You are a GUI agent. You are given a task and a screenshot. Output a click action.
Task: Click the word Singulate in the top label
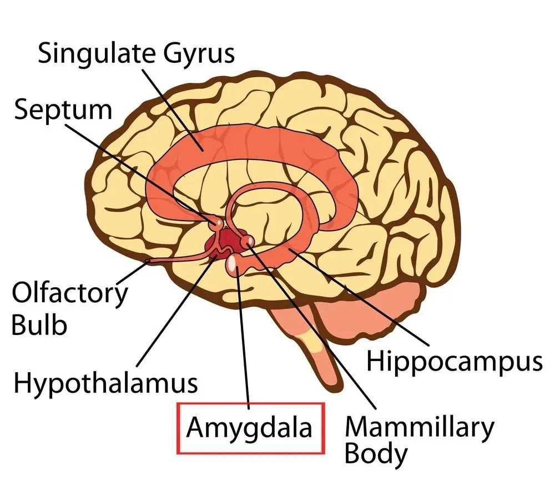(x=96, y=54)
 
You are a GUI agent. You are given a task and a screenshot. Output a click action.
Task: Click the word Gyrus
(x=199, y=54)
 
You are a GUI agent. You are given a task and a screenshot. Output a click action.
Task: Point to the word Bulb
(x=39, y=325)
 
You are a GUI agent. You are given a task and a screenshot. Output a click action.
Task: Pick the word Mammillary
(x=419, y=428)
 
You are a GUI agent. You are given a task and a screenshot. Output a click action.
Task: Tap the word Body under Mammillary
(x=376, y=454)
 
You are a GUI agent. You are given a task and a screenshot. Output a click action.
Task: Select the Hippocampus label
(x=454, y=362)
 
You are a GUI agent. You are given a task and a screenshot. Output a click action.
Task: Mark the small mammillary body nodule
(x=248, y=241)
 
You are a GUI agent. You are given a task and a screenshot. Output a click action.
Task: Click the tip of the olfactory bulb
(x=149, y=262)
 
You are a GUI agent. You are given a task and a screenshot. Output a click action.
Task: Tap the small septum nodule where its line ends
(x=216, y=223)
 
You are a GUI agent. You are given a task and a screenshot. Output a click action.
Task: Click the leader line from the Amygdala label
(x=244, y=338)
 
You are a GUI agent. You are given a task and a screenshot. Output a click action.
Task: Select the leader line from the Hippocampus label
(x=359, y=297)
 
